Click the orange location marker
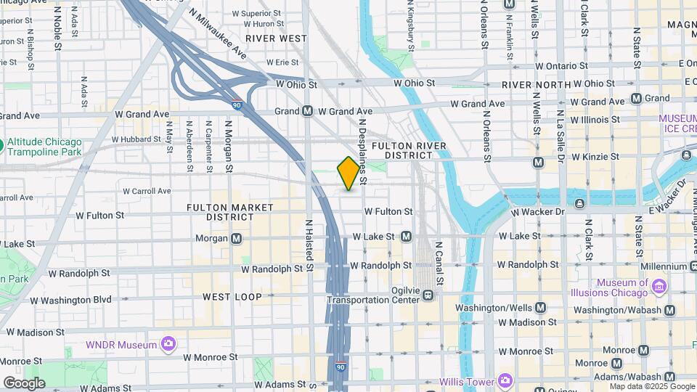pos(348,173)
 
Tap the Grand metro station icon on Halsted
pos(307,111)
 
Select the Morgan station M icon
pos(236,238)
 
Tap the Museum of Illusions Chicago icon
pos(659,287)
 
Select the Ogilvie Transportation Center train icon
pos(428,295)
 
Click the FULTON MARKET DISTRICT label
pos(219,212)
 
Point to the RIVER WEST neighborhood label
pos(276,38)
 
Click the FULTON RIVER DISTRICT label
pos(403,150)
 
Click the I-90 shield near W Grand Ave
pos(237,105)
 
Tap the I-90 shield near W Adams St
pos(341,367)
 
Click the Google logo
pos(24,383)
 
